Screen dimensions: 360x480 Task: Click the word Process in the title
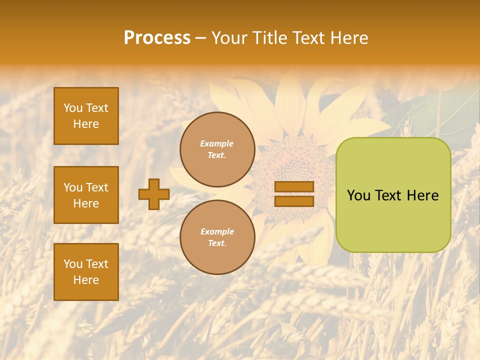click(157, 38)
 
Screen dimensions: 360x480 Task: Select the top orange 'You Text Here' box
click(86, 116)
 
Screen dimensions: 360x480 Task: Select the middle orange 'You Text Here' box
click(86, 195)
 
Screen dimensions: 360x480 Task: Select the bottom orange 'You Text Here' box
click(86, 272)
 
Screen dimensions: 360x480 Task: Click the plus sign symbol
click(154, 194)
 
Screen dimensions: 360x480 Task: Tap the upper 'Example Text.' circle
click(217, 149)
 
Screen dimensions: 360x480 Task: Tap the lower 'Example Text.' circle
click(217, 237)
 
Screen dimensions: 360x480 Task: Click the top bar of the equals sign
click(294, 187)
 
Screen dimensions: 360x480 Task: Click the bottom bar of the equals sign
click(294, 201)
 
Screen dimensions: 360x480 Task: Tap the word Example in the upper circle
click(217, 143)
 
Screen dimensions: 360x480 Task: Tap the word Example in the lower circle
click(217, 231)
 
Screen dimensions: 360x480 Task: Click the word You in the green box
click(358, 195)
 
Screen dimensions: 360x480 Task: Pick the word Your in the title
click(229, 38)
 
